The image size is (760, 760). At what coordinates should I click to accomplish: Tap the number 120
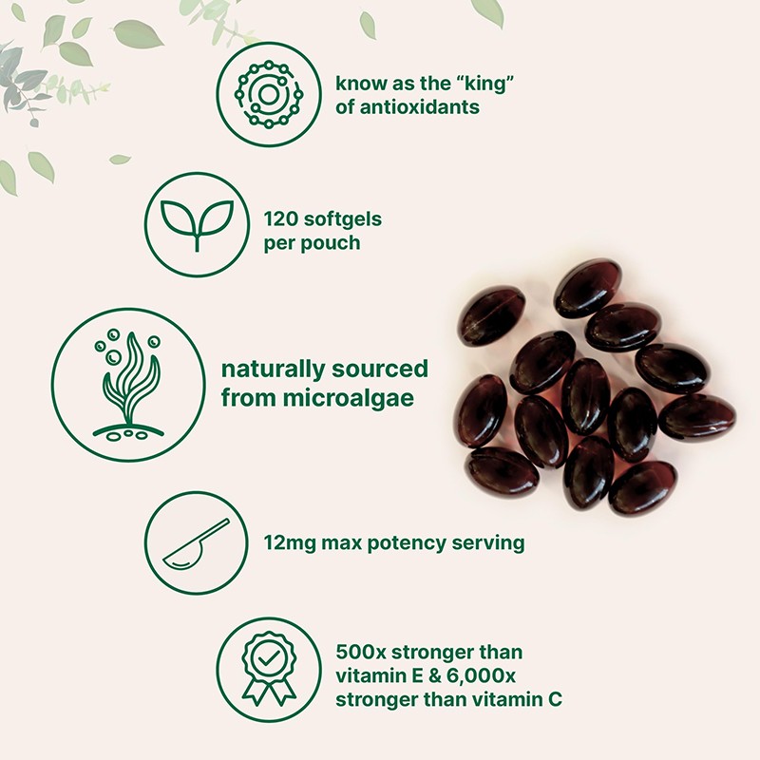tap(282, 219)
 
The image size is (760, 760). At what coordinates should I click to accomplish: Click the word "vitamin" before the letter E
tap(370, 676)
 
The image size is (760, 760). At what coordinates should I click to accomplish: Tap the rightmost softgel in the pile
tap(696, 417)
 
